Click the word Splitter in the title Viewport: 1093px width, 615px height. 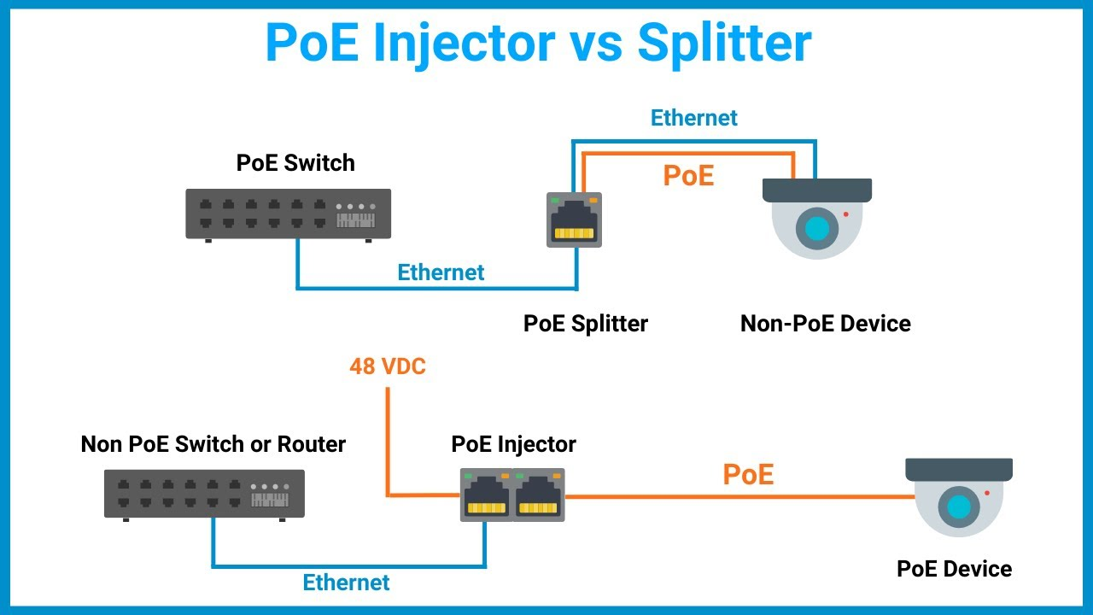724,43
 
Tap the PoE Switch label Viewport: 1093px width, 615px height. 295,163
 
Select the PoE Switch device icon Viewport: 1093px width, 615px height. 289,214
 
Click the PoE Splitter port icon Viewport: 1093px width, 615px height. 574,220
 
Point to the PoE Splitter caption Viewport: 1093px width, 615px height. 586,324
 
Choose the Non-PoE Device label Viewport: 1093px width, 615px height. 825,324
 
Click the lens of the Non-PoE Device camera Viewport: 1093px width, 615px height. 817,228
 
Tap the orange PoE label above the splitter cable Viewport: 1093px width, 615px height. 688,175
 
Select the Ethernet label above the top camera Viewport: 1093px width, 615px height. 694,118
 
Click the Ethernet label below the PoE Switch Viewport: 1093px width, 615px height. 441,272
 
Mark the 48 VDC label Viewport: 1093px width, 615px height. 388,367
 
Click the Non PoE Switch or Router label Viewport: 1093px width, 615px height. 213,444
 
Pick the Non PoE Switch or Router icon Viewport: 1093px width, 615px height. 204,493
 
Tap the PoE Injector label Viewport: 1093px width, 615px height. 513,444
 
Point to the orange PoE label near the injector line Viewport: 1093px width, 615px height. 748,475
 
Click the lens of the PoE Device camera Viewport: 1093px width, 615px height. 959,507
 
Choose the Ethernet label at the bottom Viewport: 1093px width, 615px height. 347,583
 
